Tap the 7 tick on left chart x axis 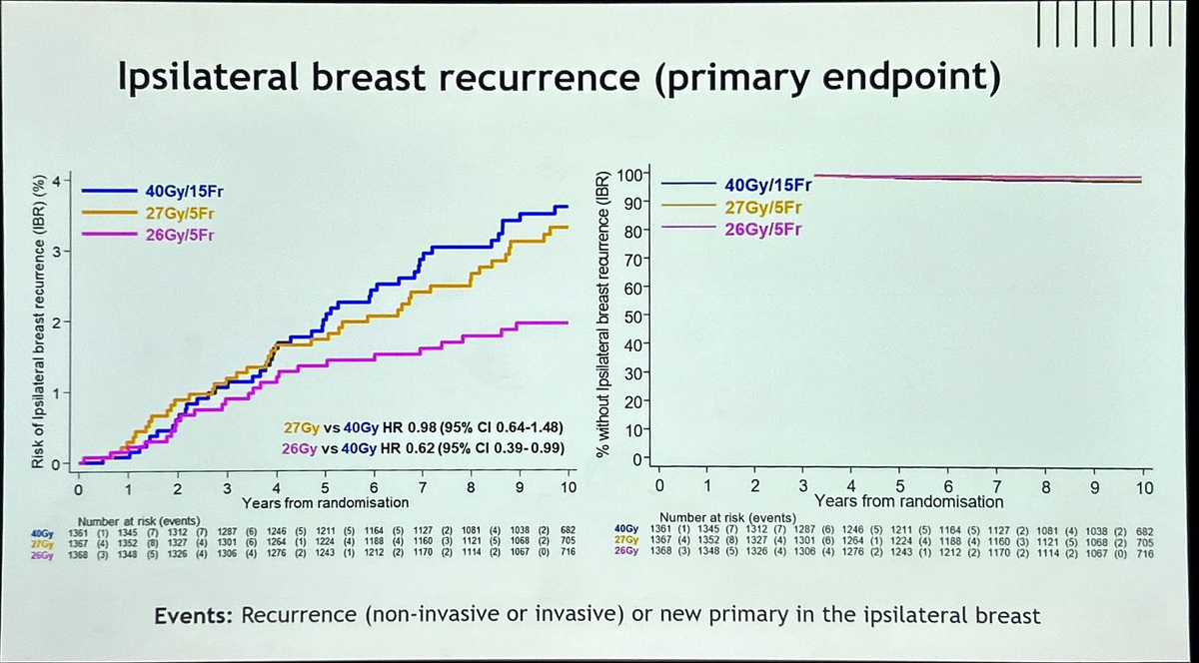pyautogui.click(x=423, y=486)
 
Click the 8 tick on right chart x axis pyautogui.click(x=1045, y=488)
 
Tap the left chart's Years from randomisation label pyautogui.click(x=326, y=501)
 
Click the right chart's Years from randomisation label pyautogui.click(x=909, y=501)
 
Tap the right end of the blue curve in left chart pyautogui.click(x=568, y=207)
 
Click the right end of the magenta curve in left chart pyautogui.click(x=568, y=323)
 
